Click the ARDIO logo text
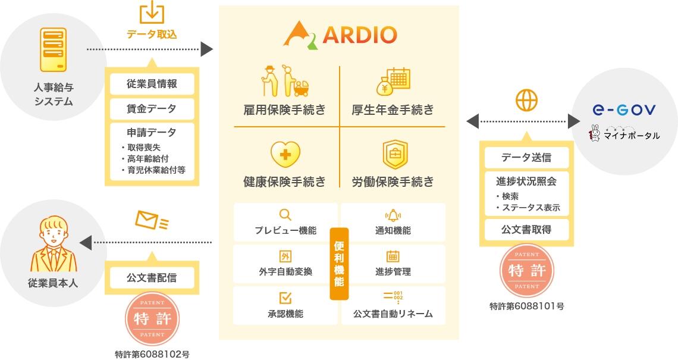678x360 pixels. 359,35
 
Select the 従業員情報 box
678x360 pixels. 152,84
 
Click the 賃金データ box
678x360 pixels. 152,109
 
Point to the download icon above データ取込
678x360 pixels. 152,13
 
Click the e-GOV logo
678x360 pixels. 624,110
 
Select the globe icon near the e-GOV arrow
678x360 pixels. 526,100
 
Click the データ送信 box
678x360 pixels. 526,158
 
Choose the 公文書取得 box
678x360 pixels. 526,230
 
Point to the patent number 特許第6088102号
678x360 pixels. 152,353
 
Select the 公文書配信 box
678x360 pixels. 152,277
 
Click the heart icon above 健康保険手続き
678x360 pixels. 285,155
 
